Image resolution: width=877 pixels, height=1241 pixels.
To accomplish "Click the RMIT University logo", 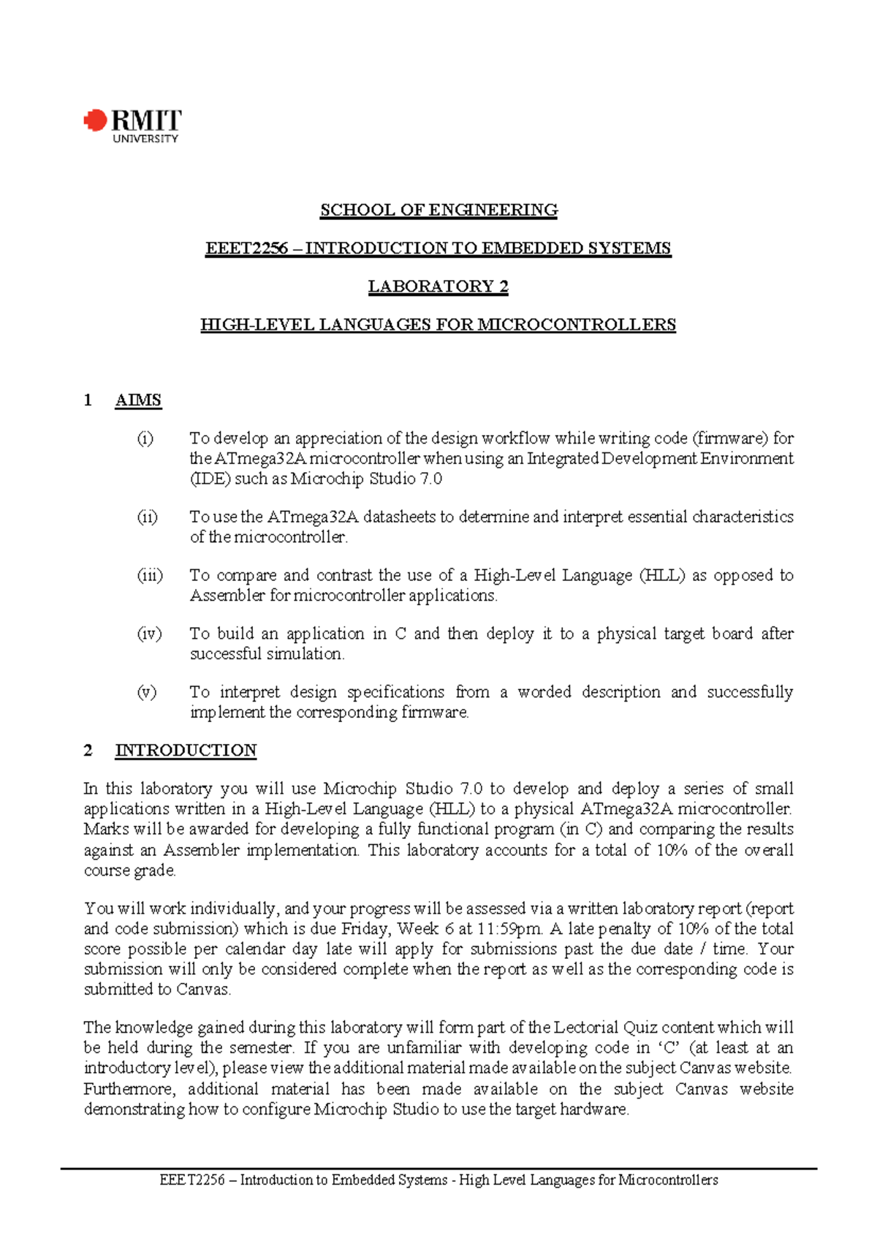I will click(132, 126).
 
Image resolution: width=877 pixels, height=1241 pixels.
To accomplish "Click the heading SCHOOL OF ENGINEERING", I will click(438, 210).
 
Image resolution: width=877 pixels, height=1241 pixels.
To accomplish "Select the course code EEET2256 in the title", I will click(246, 248).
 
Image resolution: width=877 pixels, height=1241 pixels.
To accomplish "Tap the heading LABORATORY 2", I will click(438, 286).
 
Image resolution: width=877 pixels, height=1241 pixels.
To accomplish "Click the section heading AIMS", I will click(138, 401).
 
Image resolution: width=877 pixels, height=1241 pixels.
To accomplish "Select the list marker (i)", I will click(145, 439).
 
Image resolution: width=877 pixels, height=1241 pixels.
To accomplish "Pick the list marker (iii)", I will click(150, 575).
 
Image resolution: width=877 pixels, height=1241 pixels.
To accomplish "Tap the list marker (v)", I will click(147, 692).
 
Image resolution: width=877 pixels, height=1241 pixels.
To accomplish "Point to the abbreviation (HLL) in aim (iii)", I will click(662, 575).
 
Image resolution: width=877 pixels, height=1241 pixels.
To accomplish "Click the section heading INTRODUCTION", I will click(186, 751).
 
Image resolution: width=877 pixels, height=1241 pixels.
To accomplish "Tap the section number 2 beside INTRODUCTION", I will click(88, 751).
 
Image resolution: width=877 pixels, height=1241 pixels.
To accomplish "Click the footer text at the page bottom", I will click(438, 1180).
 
